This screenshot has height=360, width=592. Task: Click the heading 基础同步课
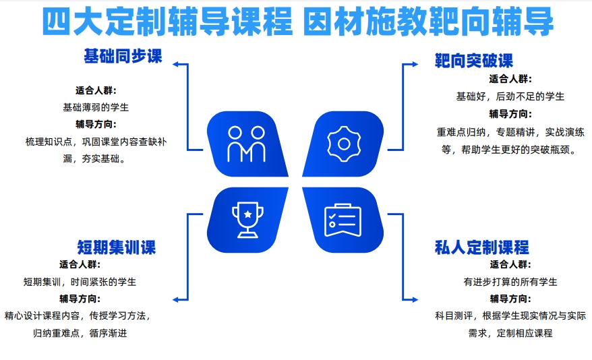tap(123, 57)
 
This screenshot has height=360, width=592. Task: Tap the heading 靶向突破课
tap(474, 61)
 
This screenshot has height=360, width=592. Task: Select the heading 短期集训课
tap(117, 247)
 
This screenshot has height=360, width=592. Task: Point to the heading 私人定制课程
tap(481, 247)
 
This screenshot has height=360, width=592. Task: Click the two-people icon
tap(246, 144)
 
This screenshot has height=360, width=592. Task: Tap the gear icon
tap(344, 144)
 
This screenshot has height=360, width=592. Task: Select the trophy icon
tap(247, 220)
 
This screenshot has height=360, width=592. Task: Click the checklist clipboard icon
tap(343, 220)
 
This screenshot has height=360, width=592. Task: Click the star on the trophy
tap(247, 214)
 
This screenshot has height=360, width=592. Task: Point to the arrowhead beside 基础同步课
tap(175, 64)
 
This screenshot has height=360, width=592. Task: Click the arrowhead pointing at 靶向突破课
tap(415, 64)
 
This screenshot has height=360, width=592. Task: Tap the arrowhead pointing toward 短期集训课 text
tap(175, 299)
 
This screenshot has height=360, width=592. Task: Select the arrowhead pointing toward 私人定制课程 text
tap(415, 299)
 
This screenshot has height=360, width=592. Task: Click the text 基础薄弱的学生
tap(96, 108)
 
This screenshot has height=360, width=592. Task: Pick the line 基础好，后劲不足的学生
tap(510, 96)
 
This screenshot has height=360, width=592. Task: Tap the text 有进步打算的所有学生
tap(510, 282)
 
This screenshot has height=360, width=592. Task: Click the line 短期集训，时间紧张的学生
tap(80, 282)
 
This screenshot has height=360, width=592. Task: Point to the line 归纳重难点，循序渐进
tap(80, 333)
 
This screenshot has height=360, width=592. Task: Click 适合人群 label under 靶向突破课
tap(510, 79)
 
